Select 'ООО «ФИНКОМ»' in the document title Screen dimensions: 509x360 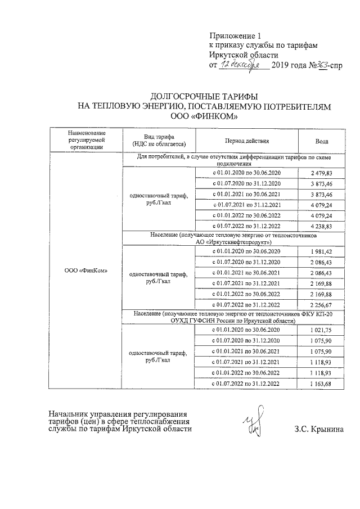point(204,117)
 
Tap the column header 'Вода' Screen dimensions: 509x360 point(322,141)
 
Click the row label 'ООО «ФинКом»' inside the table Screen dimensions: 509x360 point(86,270)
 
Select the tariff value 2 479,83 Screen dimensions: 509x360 point(322,173)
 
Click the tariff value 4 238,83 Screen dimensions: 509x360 point(322,226)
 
